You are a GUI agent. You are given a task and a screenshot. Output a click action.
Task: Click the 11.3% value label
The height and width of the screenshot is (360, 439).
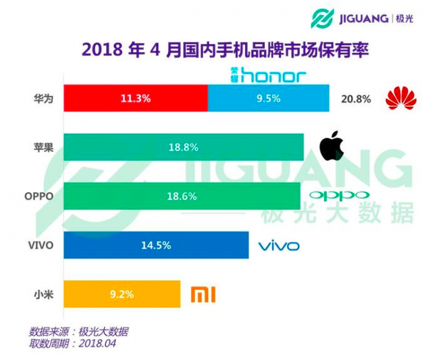click(135, 98)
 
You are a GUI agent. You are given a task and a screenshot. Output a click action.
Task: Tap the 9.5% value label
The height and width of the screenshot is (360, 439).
click(269, 98)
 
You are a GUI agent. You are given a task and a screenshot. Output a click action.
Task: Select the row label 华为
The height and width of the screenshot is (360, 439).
click(43, 99)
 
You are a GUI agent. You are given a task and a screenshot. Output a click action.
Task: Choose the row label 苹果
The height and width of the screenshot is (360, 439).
click(43, 147)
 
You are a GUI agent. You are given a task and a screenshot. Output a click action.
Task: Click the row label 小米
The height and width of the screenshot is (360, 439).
click(43, 294)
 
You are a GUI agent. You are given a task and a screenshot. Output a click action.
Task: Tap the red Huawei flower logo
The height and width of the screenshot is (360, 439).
click(401, 99)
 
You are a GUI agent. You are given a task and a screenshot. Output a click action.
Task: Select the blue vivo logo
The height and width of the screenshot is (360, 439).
click(278, 245)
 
